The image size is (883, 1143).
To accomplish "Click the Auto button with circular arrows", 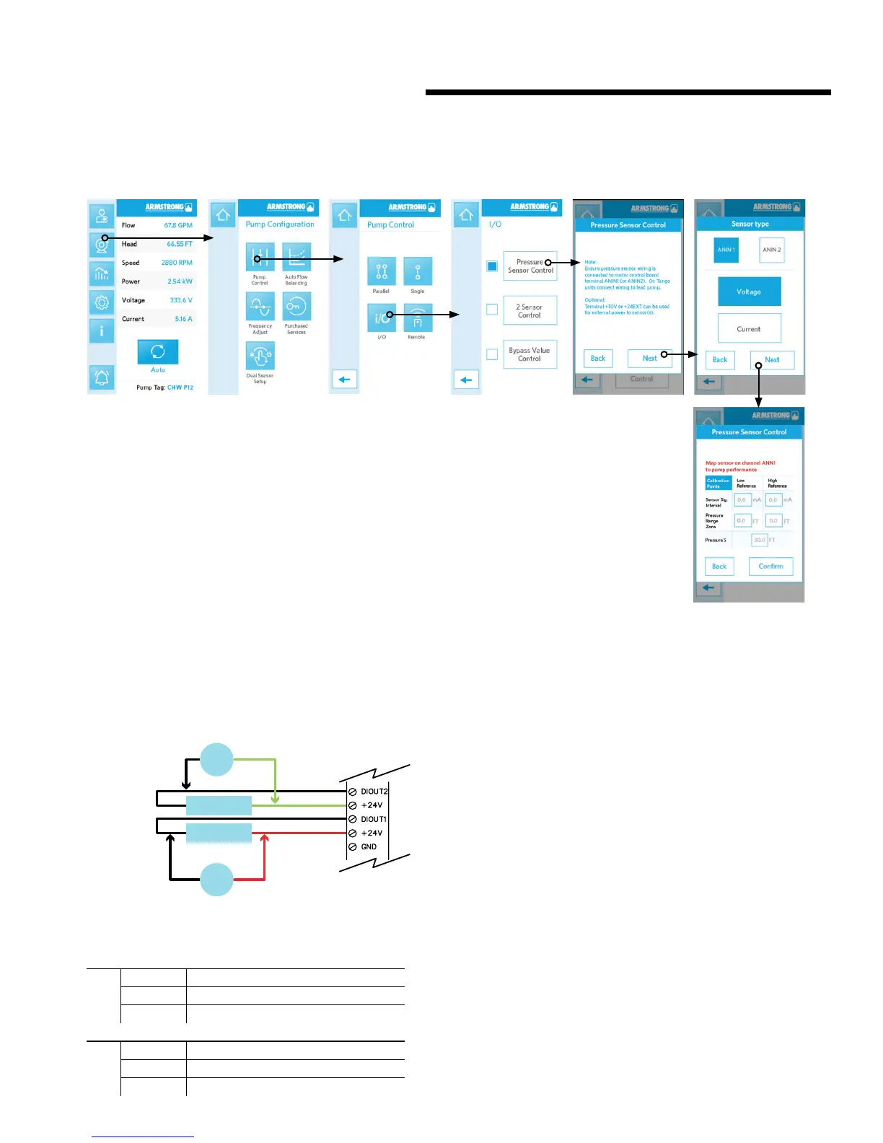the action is (x=157, y=352).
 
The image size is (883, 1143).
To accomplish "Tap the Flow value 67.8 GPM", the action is (x=177, y=225).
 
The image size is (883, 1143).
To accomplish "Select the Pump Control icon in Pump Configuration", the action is (x=260, y=258).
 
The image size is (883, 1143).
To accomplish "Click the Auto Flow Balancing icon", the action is (x=296, y=258).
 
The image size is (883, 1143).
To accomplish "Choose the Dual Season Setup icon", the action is (x=260, y=356).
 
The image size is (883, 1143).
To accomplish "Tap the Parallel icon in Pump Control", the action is (x=381, y=271).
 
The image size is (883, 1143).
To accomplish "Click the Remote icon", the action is (x=417, y=318).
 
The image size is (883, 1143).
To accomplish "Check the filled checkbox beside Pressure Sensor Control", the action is (x=492, y=266).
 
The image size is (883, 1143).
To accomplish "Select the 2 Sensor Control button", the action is (x=530, y=311).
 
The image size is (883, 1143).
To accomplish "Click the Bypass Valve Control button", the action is (x=530, y=354).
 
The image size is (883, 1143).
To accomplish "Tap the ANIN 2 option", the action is (x=771, y=250).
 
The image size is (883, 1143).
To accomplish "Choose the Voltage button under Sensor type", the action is (x=749, y=292).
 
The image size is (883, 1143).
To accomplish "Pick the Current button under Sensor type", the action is (x=749, y=329).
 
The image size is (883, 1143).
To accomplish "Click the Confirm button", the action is (x=770, y=566).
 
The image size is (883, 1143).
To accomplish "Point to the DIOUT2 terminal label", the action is (x=374, y=792).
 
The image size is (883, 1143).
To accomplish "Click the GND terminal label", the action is (x=369, y=847).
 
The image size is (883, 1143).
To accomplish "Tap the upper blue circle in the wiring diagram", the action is (x=216, y=759).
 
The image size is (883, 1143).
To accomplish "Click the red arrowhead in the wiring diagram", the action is (x=265, y=838).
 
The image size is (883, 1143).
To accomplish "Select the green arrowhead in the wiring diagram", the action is (x=275, y=799).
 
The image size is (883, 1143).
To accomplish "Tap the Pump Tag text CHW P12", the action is (x=180, y=387).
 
